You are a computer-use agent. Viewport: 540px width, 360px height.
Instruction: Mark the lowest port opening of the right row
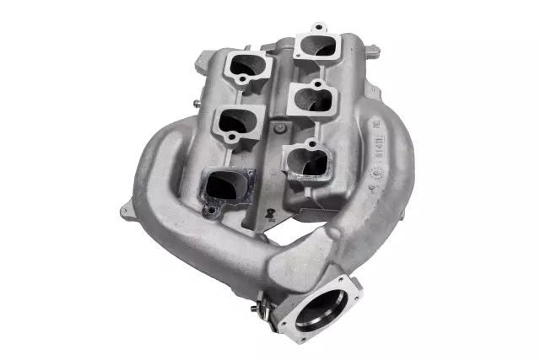[x=305, y=161]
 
